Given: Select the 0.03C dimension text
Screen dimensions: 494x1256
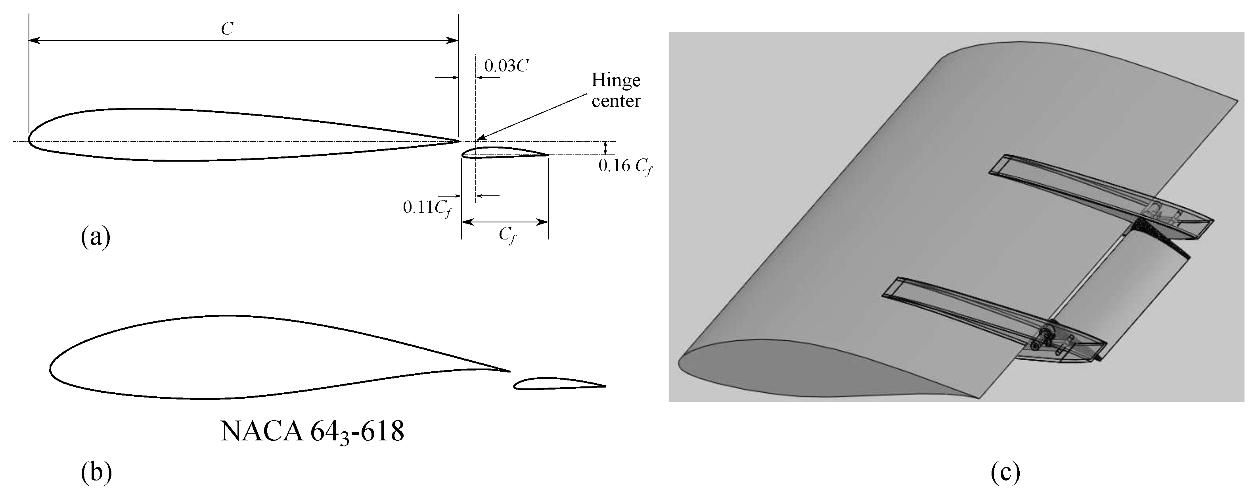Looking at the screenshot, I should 506,66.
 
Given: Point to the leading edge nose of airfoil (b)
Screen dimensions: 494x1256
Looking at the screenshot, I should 51,367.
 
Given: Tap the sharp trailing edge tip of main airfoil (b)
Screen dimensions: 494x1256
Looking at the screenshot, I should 509,371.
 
